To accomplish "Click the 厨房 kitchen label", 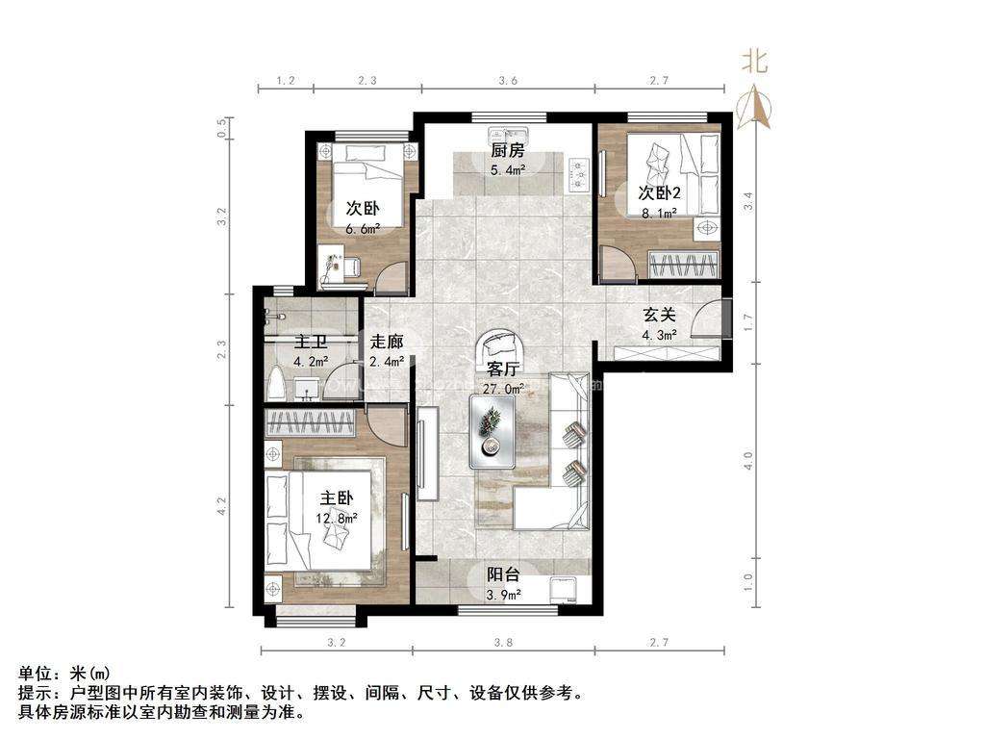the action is [507, 151].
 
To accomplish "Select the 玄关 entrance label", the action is [659, 315].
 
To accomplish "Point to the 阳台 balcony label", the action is [504, 574].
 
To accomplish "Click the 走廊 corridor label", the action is [387, 342].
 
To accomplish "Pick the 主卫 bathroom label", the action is [312, 342].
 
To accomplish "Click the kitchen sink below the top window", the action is [509, 135].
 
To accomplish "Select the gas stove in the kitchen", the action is [578, 173].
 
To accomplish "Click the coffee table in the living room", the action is [492, 431].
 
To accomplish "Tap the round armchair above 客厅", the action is [503, 346].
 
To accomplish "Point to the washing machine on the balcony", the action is [563, 590].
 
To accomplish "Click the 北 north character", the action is [754, 63].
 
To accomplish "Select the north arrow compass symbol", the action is [754, 108].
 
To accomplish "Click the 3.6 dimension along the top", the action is [508, 81].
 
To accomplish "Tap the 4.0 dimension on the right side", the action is [747, 461].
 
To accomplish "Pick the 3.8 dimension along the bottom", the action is [503, 643].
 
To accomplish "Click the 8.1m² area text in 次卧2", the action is [659, 213].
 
